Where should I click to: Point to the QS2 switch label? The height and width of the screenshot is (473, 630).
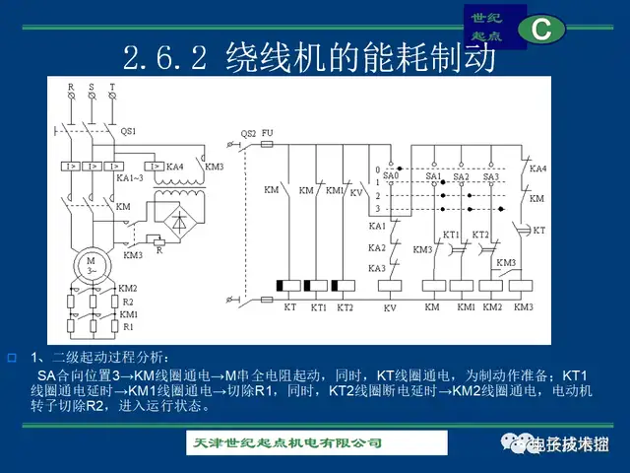pos(249,132)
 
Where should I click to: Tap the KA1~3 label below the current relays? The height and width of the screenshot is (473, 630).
pos(130,178)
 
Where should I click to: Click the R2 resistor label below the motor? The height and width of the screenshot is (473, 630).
pos(127,302)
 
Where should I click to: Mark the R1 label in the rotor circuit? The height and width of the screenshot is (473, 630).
pos(127,325)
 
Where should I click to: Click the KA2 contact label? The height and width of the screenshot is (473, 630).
pos(377,247)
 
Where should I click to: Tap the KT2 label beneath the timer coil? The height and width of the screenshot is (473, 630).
pos(344,307)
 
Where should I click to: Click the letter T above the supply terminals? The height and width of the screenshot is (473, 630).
pos(112,87)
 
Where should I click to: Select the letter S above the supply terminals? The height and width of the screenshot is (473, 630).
pos(92,87)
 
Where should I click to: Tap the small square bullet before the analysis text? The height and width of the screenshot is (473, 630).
pos(12,355)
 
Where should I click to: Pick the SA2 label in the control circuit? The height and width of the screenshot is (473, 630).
pos(462,176)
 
